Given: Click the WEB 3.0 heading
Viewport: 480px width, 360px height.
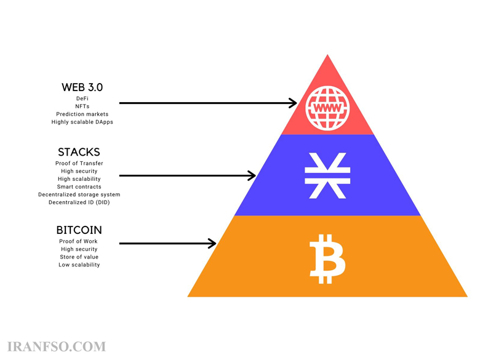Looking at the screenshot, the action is coord(82,87).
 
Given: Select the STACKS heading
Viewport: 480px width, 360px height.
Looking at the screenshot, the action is coord(79,152).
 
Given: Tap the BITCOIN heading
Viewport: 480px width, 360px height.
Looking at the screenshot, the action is coord(79,230).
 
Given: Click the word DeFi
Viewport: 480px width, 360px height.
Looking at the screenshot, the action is coord(82,98).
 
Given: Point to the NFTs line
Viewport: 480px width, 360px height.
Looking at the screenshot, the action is coord(82,106).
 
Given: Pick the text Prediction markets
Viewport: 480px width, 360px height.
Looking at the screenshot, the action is coord(82,114).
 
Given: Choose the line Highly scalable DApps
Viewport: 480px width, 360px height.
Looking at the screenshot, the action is coord(82,122).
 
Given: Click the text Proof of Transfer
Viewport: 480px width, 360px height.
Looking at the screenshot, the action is coord(79,164).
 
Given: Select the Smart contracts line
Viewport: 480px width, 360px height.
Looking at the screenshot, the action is coord(79,186).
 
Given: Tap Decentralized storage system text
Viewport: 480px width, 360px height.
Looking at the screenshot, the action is coord(79,194).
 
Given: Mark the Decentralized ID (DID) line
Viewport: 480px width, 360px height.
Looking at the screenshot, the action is coord(79,202).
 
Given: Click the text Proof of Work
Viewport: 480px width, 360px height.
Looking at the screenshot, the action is coord(78,241).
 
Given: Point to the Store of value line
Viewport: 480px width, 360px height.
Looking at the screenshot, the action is coord(79,257).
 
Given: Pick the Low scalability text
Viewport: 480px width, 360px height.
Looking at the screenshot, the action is coord(79,265).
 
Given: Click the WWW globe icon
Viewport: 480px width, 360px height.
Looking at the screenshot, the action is coord(327,108).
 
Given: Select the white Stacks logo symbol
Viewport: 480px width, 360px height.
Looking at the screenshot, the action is coord(327,176).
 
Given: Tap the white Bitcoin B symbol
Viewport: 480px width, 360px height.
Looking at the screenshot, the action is coord(327,259).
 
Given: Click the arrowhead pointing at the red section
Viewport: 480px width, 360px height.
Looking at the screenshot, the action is coord(293,103).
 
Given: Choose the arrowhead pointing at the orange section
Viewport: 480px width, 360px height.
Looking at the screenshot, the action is coord(212,243).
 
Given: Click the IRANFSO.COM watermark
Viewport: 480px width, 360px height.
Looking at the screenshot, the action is coord(57,347).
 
